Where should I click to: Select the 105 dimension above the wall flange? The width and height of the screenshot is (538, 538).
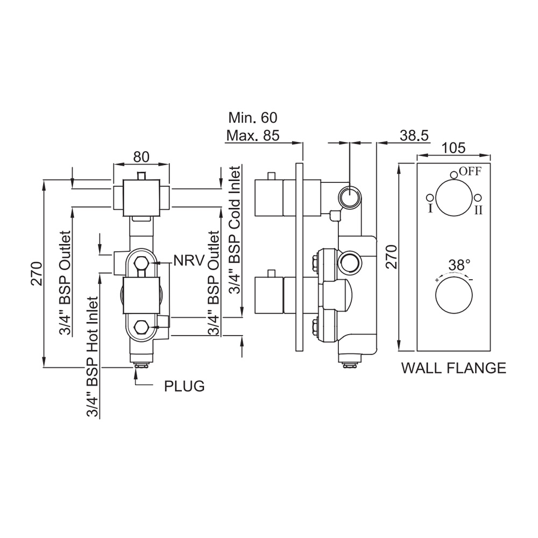coord(454,148)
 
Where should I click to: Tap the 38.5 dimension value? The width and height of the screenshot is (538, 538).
coord(414,136)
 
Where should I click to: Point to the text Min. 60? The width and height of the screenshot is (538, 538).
coord(253,118)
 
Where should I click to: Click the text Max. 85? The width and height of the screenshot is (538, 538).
coord(252,136)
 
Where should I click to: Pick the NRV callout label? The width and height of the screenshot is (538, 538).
coord(189,261)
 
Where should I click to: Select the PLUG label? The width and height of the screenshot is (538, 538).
coord(184,386)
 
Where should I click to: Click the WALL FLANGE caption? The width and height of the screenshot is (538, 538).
coord(454,368)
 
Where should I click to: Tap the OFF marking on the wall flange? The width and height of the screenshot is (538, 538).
coord(470,172)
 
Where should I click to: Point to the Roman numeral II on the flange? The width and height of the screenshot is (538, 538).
coord(478,210)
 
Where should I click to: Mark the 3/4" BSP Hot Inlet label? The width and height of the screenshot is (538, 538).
coord(93,357)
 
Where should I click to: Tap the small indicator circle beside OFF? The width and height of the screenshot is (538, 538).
coord(454,173)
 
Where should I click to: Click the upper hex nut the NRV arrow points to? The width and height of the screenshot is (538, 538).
coord(141,263)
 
